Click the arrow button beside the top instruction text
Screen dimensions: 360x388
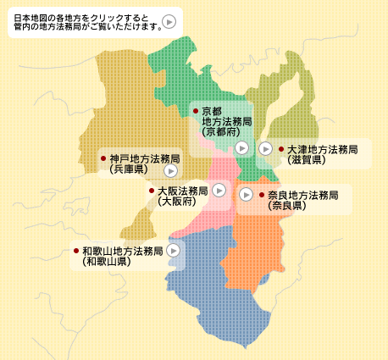coord(169,22)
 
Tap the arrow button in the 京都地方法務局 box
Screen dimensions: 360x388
coord(242,147)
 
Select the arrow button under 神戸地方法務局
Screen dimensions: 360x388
coord(170,170)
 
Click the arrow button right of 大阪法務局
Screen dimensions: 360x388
coord(220,191)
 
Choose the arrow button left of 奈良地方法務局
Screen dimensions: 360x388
coord(246,195)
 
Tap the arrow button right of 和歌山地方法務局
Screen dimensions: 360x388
coord(174,251)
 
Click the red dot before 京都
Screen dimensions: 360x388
coord(196,111)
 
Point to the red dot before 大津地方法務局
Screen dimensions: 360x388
coord(280,149)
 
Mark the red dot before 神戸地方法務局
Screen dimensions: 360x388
coord(103,158)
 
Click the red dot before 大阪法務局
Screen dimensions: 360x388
coord(152,191)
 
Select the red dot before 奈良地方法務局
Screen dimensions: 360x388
coord(261,195)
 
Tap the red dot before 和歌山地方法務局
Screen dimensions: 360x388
coord(76,251)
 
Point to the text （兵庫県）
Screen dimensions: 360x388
coord(128,169)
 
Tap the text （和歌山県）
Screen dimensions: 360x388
coord(106,262)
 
